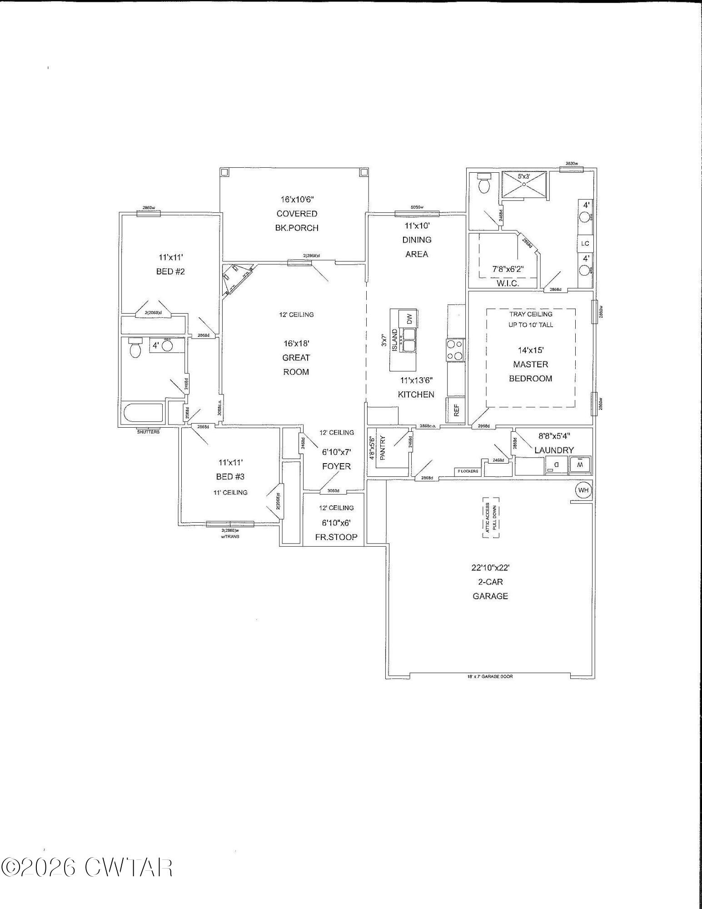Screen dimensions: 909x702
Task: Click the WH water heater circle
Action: pos(583,490)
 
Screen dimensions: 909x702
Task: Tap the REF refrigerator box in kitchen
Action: pos(456,410)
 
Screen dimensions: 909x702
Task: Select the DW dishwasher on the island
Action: pos(408,319)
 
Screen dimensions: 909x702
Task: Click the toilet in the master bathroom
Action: pos(484,183)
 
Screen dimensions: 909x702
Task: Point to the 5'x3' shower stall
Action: pos(524,184)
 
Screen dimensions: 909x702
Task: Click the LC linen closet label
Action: pos(585,244)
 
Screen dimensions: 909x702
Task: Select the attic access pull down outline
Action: pos(491,517)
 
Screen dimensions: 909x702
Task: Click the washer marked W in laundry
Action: pos(580,465)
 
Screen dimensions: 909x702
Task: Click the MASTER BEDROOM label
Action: pos(530,371)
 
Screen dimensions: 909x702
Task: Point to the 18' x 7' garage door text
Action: pos(490,676)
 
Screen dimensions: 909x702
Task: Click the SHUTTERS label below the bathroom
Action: pos(148,432)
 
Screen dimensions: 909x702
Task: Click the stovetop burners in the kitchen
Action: pos(455,350)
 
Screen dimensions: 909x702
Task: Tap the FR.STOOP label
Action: pos(336,537)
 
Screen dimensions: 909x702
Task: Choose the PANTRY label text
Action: pos(383,448)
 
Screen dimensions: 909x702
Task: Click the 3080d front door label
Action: pos(333,491)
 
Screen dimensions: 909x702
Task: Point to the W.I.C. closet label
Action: pos(508,283)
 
